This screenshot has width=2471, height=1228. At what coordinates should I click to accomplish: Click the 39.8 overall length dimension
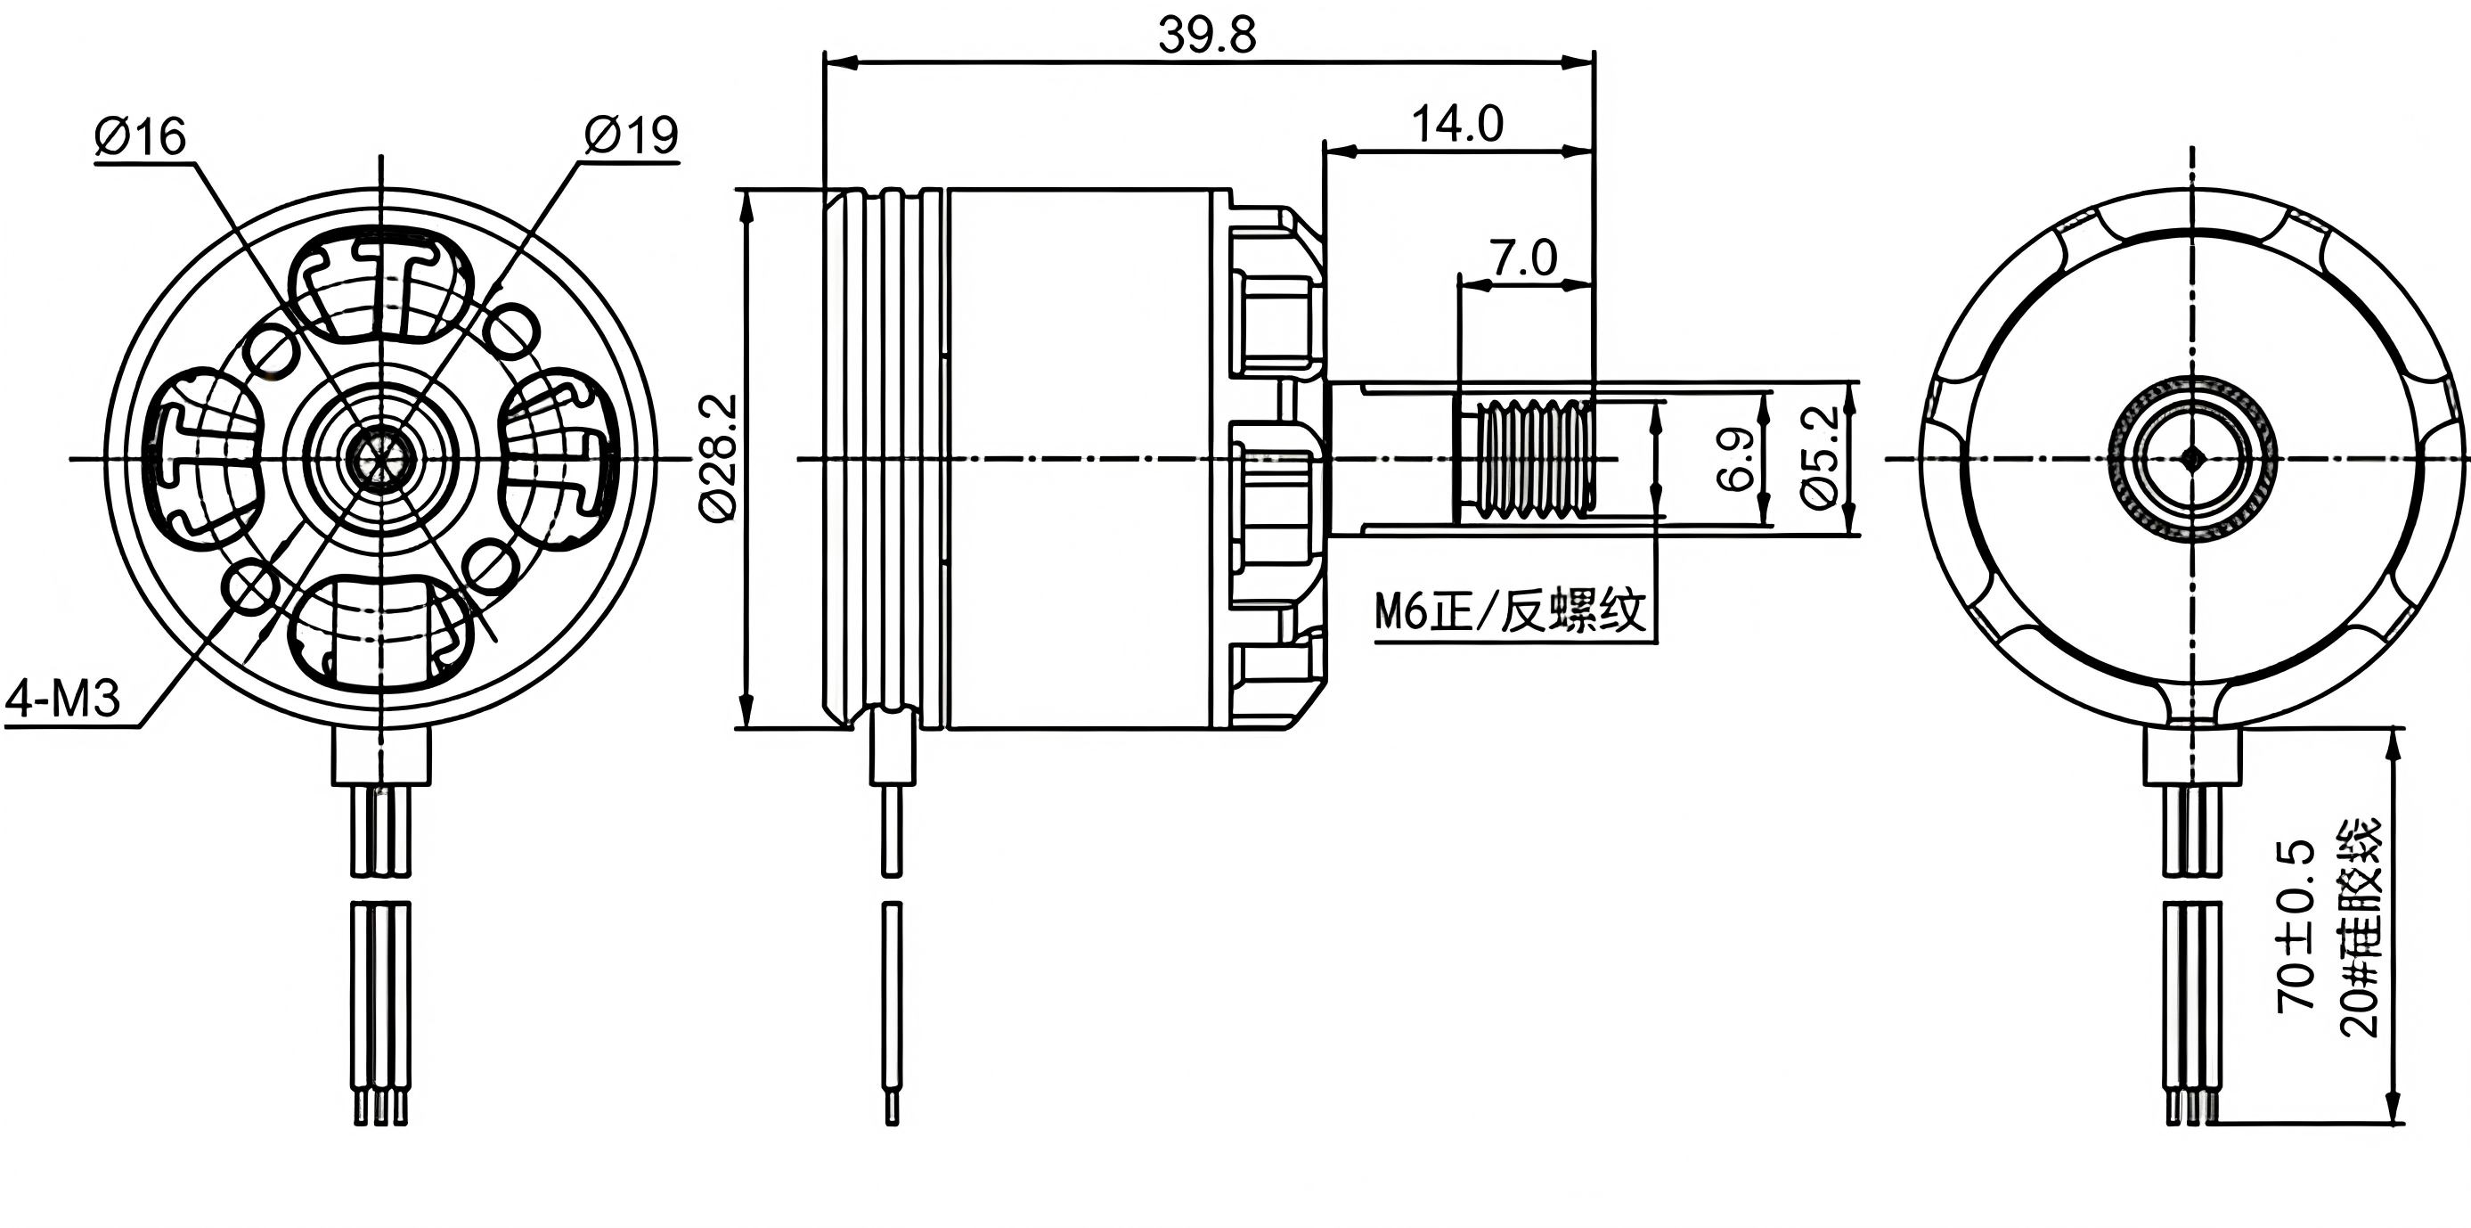tap(1207, 37)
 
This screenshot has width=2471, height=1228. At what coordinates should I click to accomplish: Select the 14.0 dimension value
tap(1457, 125)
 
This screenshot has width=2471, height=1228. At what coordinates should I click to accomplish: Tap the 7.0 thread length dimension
tap(1523, 258)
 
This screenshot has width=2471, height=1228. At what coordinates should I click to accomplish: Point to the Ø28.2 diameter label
tap(721, 458)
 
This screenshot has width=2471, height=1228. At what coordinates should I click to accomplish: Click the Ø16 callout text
tap(140, 137)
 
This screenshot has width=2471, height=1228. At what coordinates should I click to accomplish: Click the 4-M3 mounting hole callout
tap(63, 699)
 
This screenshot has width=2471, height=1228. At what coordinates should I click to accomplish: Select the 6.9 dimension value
tap(1736, 459)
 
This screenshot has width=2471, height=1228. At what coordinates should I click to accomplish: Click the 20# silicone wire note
tap(2359, 927)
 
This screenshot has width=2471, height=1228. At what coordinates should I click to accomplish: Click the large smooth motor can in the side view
tap(1089, 459)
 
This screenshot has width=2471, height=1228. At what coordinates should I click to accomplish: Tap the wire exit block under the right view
tap(2193, 755)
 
